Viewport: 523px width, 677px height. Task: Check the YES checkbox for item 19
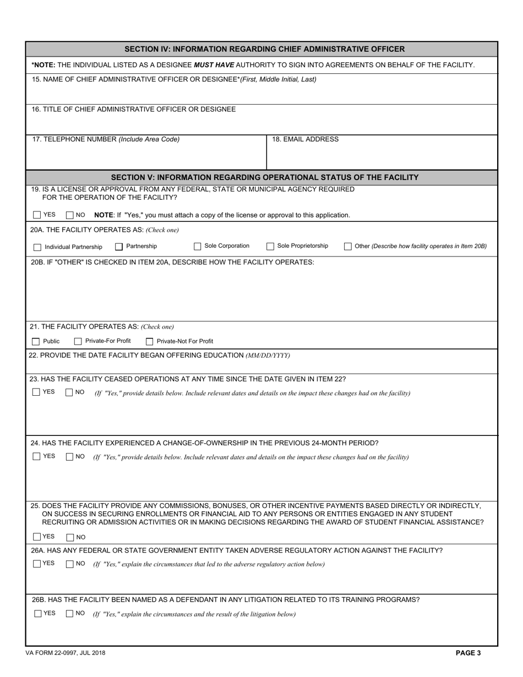click(37, 215)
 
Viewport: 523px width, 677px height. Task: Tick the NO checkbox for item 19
click(69, 215)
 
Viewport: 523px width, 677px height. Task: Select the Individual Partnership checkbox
click(37, 247)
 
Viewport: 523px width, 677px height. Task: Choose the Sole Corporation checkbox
click(197, 247)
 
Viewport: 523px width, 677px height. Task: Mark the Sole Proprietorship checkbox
click(270, 247)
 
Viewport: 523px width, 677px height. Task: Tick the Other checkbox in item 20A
click(348, 247)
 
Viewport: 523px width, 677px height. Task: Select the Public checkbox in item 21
click(36, 342)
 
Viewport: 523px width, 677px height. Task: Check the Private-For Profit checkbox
click(78, 342)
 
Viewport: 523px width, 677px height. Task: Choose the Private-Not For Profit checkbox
click(149, 342)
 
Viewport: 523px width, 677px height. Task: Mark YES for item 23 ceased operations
click(36, 392)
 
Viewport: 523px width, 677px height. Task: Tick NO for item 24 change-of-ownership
click(69, 457)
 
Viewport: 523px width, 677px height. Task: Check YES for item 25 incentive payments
click(37, 537)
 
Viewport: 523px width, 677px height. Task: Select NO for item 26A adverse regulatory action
click(69, 564)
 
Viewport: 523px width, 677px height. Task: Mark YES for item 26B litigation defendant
click(37, 614)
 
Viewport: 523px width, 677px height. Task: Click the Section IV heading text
click(264, 49)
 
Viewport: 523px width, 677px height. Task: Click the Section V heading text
click(264, 177)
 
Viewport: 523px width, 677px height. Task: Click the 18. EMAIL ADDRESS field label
click(305, 139)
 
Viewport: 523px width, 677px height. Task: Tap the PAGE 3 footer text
click(468, 653)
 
